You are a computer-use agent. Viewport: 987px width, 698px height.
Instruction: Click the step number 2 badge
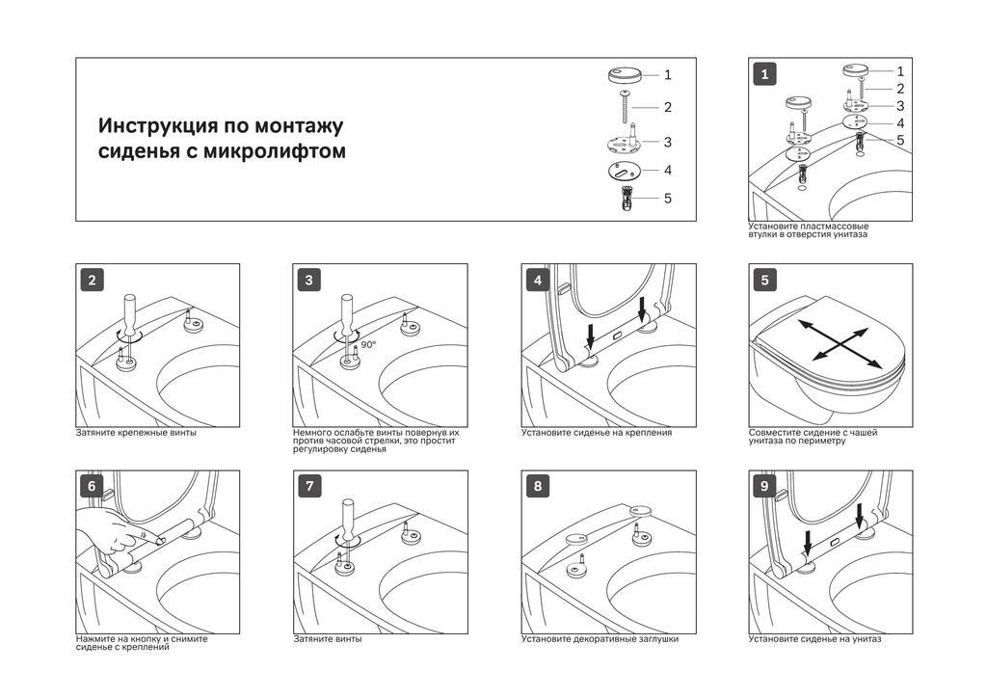click(92, 281)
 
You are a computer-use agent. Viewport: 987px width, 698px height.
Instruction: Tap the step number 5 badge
click(764, 281)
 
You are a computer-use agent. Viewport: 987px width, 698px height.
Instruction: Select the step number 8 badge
click(537, 487)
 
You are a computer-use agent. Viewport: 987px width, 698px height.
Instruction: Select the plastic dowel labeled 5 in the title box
click(625, 198)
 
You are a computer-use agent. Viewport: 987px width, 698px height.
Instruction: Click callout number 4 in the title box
click(667, 171)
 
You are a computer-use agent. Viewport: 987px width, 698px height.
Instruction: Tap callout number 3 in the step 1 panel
click(900, 106)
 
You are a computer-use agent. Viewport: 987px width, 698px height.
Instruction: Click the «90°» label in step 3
click(368, 343)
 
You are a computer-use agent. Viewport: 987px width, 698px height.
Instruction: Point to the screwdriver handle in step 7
click(347, 518)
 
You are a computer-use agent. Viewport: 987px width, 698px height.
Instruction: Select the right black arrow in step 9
click(860, 516)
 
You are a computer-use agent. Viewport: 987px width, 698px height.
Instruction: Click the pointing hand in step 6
click(116, 532)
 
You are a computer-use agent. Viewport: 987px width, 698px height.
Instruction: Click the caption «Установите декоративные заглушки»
click(600, 639)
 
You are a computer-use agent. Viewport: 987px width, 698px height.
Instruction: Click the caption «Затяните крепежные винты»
click(136, 433)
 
